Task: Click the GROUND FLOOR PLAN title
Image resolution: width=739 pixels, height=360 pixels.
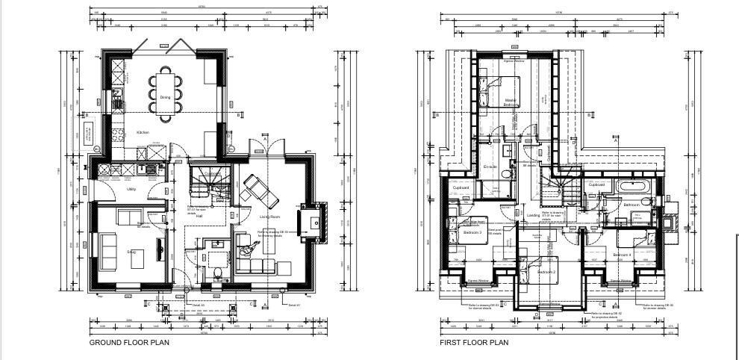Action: coord(129,343)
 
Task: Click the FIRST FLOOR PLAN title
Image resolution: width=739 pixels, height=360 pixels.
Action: coord(474,343)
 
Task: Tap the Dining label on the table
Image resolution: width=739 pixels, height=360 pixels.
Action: coord(165,97)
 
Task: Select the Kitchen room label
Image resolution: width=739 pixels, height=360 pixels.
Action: coord(142,132)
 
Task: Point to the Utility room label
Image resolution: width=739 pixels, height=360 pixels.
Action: coord(131,189)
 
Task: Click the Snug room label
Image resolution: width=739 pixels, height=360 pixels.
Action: coord(131,252)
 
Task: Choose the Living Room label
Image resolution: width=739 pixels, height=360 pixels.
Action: coord(269,217)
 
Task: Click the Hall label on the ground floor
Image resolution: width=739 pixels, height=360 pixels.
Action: coord(199,216)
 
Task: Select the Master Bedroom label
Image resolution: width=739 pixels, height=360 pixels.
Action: coord(511,102)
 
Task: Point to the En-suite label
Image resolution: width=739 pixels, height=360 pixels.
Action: coord(490,167)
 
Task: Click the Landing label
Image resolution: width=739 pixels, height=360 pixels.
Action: coord(533,215)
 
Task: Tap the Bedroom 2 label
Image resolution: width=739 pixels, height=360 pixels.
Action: coord(547,272)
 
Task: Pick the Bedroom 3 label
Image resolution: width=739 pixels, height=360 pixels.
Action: coord(472,232)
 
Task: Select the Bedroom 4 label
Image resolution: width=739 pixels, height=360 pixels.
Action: coord(622,255)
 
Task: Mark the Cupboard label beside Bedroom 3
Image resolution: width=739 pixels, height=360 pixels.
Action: coord(461,187)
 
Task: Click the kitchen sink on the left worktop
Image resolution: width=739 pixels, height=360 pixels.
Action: coord(117,97)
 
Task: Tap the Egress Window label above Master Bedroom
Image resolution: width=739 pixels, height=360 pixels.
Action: coord(513,61)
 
